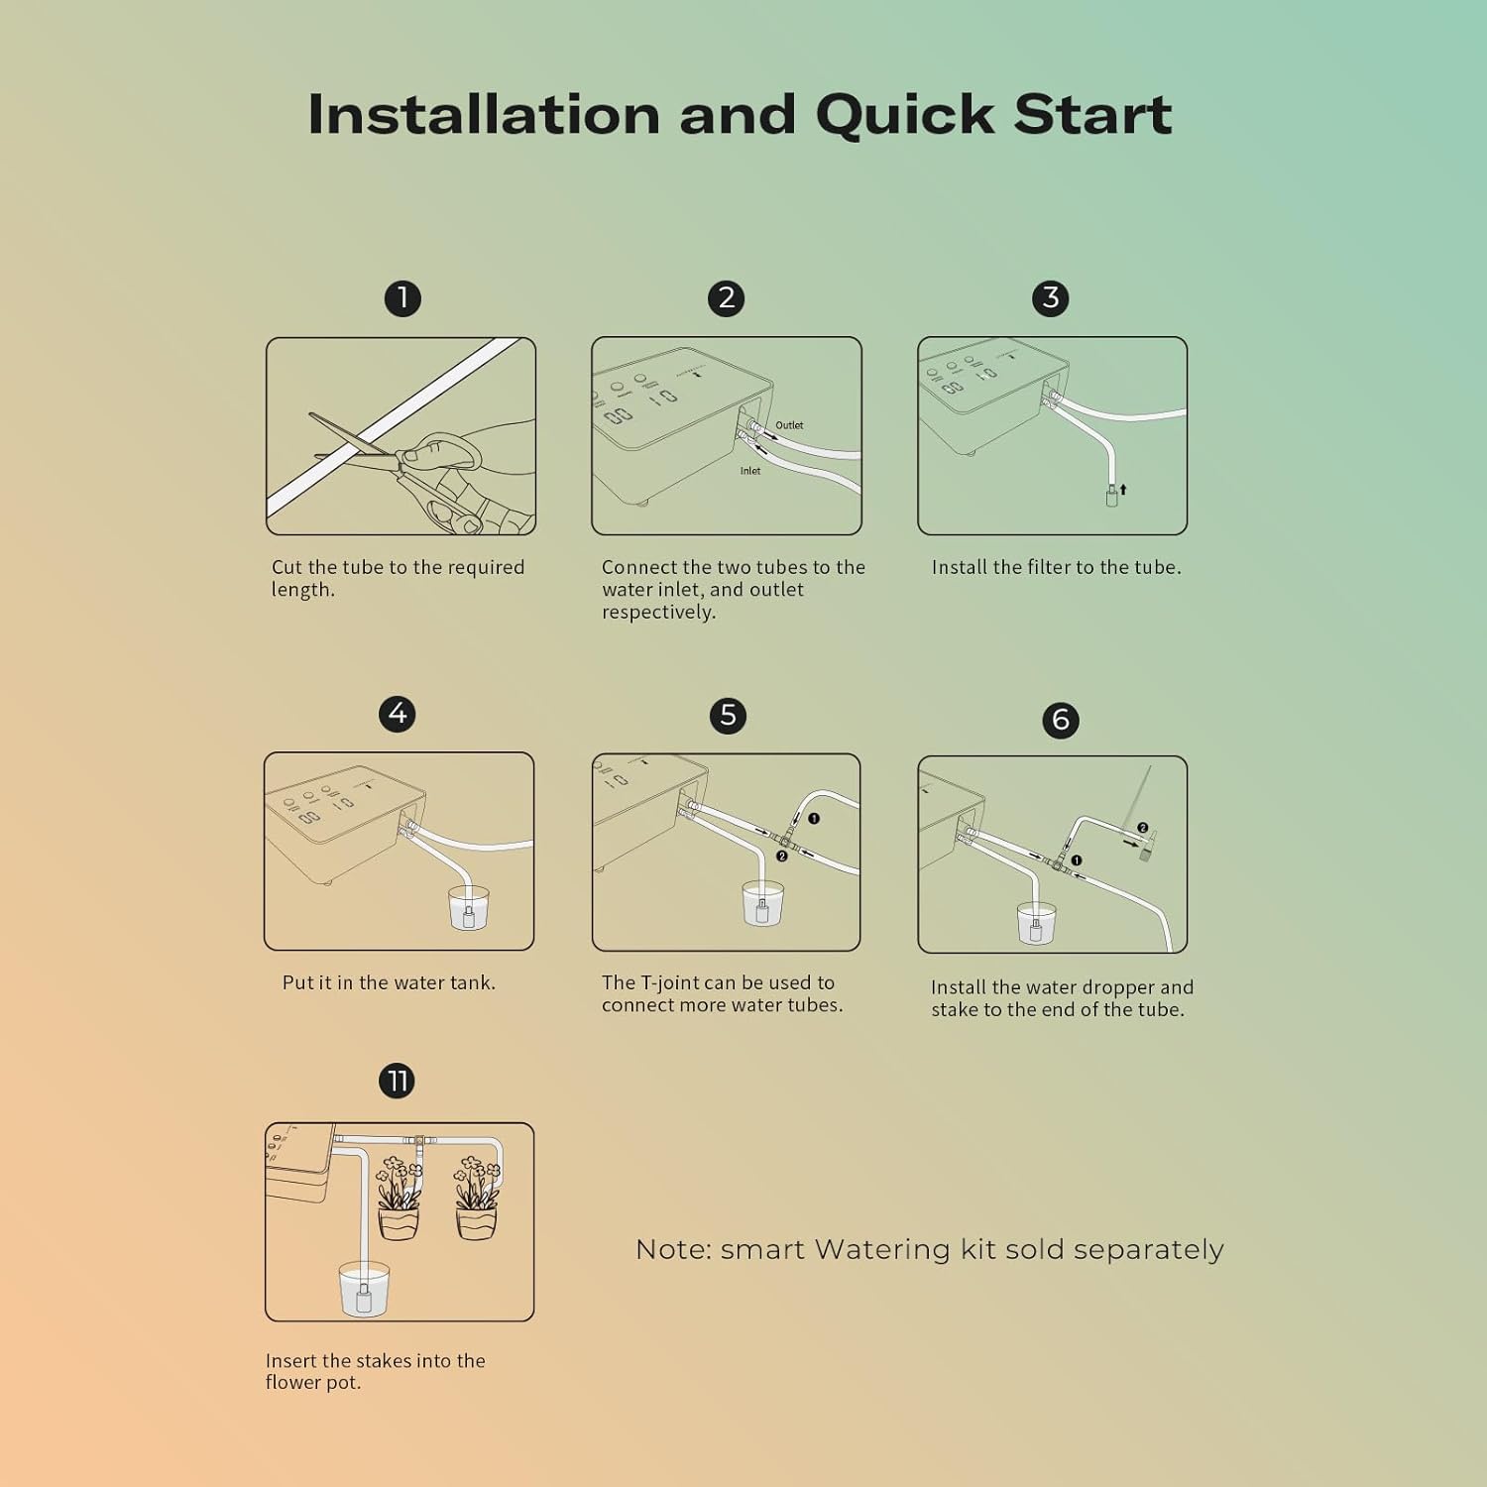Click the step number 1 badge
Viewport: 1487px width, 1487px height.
(402, 298)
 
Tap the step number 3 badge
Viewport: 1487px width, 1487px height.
(1051, 298)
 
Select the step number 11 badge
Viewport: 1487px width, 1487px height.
(398, 1081)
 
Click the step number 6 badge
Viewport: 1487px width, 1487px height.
(1061, 720)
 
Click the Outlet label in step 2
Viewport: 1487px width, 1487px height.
(789, 425)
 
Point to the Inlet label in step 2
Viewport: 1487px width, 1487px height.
(750, 471)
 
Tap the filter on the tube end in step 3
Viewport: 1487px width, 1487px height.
(1112, 496)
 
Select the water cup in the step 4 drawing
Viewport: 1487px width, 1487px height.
(469, 908)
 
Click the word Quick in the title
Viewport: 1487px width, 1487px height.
(904, 114)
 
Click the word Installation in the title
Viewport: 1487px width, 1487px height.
(484, 114)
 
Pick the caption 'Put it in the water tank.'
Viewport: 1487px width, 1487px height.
(389, 982)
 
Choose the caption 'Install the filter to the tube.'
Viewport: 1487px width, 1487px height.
(1056, 567)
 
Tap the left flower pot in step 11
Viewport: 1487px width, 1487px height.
(399, 1222)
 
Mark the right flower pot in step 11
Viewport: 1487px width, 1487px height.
(476, 1222)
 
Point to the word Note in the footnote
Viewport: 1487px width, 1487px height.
(671, 1249)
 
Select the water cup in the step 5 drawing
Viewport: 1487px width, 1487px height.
(762, 904)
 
